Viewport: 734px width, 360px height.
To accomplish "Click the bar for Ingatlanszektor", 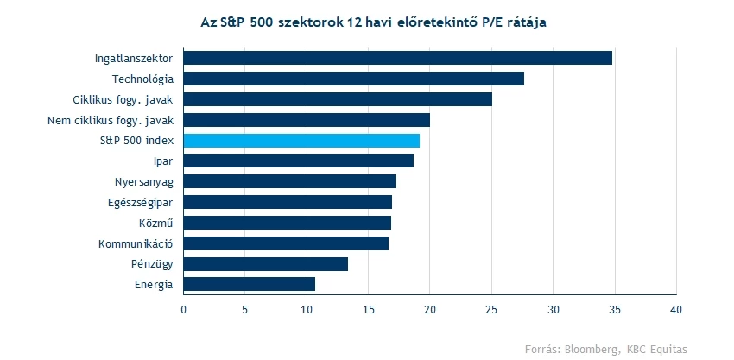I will tap(397, 58).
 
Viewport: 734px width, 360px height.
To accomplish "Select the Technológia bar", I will tap(353, 79).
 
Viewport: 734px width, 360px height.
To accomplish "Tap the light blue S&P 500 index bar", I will tap(301, 141).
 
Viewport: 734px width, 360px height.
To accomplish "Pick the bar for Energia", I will tap(249, 284).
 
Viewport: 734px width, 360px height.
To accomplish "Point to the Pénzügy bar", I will tap(265, 264).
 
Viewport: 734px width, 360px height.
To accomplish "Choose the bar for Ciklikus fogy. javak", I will tap(338, 99).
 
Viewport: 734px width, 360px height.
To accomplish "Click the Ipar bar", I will tap(298, 161).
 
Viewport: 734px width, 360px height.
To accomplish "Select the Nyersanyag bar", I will tap(289, 181).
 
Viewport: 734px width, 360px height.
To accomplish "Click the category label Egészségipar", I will tap(142, 202).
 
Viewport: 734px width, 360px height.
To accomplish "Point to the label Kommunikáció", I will tap(136, 243).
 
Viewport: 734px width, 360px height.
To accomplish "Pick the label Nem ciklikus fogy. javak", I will tap(111, 120).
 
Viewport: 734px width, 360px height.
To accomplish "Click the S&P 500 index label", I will tap(136, 141).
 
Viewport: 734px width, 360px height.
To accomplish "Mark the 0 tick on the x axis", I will tap(184, 308).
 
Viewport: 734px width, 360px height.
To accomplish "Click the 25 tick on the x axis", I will tap(491, 308).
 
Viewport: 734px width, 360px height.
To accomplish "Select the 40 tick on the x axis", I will tap(676, 308).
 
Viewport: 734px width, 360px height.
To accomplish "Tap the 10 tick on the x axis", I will tap(307, 308).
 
